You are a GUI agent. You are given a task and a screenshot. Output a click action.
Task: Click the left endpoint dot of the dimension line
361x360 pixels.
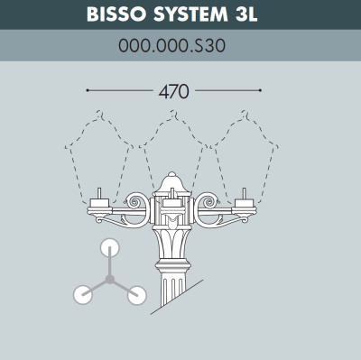pos(87,90)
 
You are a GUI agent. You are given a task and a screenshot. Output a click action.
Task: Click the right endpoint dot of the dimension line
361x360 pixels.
pos(260,90)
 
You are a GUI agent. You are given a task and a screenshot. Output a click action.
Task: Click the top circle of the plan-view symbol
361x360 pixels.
pos(110,247)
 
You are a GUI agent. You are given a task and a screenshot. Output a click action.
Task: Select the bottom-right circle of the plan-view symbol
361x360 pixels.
pos(137,293)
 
